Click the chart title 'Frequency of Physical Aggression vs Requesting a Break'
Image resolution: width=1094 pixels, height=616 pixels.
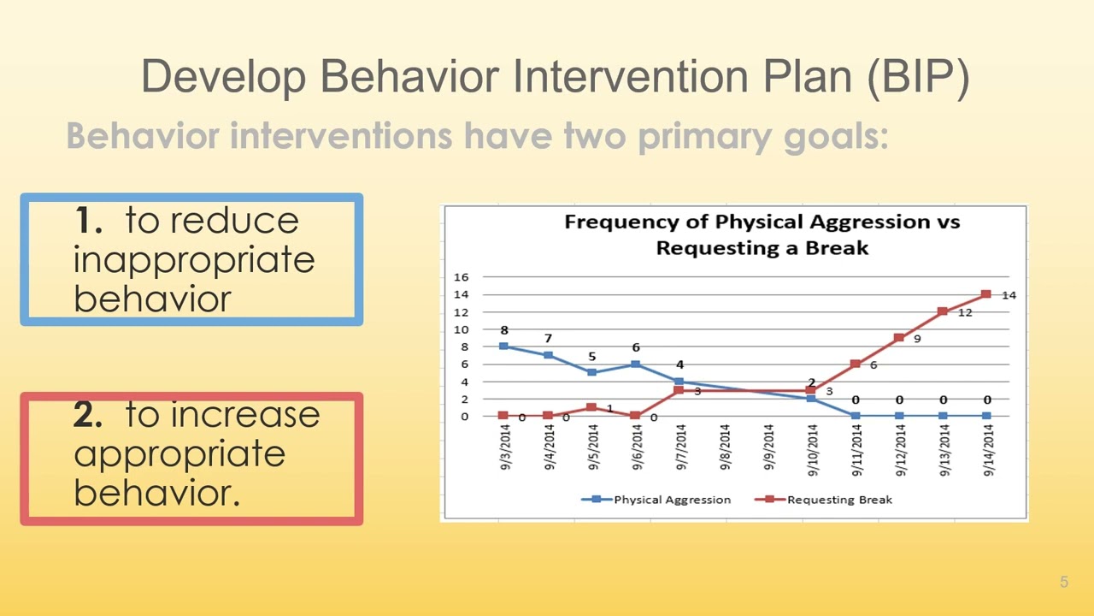tap(761, 235)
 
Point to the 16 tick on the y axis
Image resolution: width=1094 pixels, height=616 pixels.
tap(461, 277)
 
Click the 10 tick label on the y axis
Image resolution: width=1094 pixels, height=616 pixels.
tap(461, 329)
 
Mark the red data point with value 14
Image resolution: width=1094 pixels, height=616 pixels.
tap(985, 294)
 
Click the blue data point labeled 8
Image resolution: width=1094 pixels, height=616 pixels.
tap(504, 346)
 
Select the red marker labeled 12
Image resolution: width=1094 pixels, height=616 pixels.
tap(942, 311)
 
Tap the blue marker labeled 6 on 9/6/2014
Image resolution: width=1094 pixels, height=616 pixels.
tap(636, 364)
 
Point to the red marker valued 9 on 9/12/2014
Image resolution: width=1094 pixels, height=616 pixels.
tap(898, 338)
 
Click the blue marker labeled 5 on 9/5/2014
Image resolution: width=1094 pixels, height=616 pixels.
tap(592, 372)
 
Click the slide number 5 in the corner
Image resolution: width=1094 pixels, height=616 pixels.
tap(1064, 583)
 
